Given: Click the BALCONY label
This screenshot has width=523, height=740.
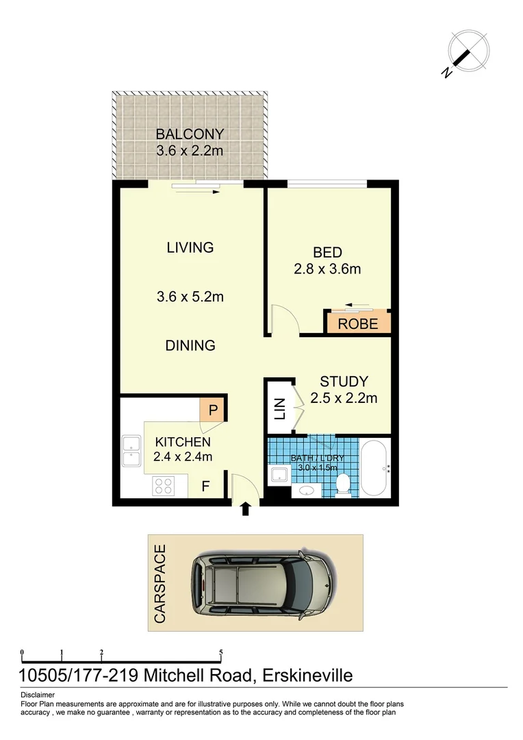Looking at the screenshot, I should point(190,134).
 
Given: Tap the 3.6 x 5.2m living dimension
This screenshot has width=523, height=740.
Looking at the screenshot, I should point(190,297).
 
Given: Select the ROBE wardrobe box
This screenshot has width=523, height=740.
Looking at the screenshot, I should point(358,323).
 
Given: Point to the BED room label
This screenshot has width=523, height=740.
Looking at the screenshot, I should point(327,252).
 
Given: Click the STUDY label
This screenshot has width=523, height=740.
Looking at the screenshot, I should point(344,382).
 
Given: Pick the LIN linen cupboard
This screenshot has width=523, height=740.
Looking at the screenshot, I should point(280,408).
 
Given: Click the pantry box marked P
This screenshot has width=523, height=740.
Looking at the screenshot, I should point(213,411).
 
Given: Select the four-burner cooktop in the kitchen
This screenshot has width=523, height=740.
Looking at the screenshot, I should point(163,486).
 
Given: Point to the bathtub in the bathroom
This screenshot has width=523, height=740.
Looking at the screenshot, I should point(375,469).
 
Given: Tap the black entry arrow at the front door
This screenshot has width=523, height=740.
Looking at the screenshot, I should point(246,509).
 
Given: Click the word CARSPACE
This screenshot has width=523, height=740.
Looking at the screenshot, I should point(160,583).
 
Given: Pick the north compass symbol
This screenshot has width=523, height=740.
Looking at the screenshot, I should point(468,51).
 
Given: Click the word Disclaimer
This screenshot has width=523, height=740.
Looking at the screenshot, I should point(38,695).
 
